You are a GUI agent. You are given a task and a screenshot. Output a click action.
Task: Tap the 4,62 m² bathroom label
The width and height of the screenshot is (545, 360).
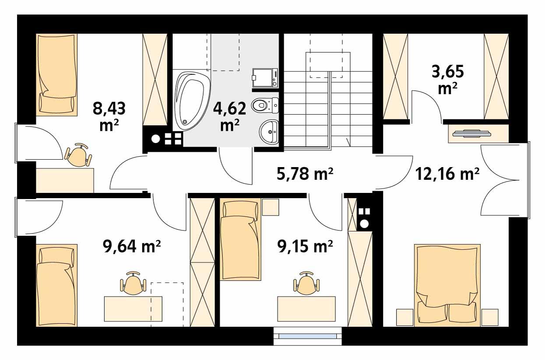(x=229, y=115)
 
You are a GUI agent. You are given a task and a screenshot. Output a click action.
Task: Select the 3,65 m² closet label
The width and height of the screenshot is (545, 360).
(x=448, y=79)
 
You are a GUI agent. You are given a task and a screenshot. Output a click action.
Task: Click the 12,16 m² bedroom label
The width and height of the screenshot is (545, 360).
(x=447, y=175)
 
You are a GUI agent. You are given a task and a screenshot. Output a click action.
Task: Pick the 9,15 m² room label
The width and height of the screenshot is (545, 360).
(x=305, y=247)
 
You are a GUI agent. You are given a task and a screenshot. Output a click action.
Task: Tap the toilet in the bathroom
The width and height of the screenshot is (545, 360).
(x=264, y=105)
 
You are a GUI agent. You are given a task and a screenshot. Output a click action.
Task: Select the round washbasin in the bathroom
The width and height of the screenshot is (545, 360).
(x=269, y=131)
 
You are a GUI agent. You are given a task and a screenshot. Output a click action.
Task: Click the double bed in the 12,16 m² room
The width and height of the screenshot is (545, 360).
(x=447, y=284)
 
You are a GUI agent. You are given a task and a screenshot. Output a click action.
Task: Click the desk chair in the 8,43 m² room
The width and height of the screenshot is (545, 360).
(x=79, y=155)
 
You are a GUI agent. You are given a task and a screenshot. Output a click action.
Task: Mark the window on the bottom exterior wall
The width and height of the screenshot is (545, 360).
(x=308, y=336)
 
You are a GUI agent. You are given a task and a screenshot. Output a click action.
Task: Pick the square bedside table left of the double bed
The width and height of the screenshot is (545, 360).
(x=404, y=317)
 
